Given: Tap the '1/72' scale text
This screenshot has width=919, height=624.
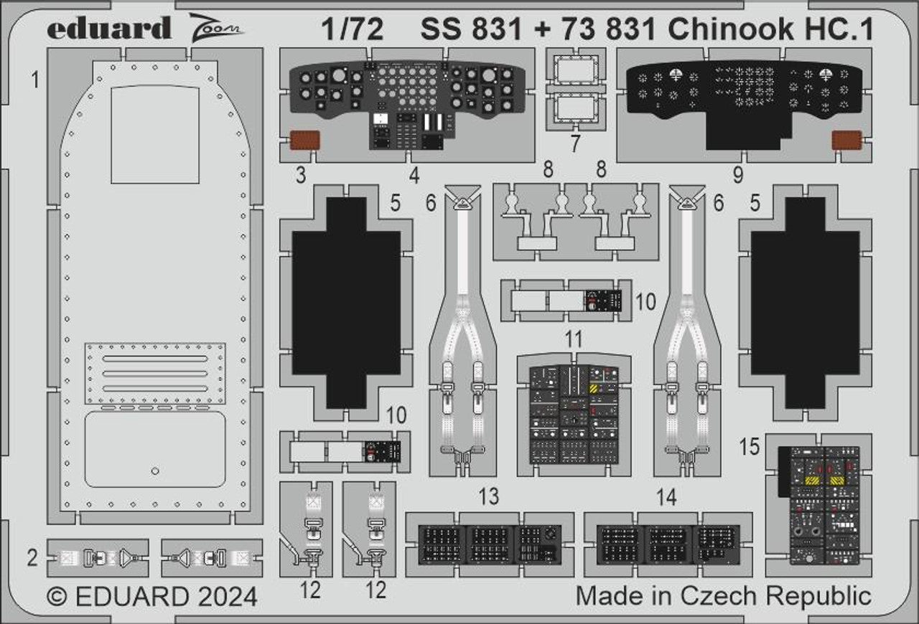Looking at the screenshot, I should pyautogui.click(x=352, y=29).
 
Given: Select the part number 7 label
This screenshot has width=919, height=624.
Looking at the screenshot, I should pyautogui.click(x=574, y=143).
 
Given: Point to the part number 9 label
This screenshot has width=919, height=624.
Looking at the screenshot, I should pyautogui.click(x=738, y=174).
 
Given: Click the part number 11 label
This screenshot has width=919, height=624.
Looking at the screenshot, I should pyautogui.click(x=573, y=339).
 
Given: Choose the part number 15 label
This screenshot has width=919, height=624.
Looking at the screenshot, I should pyautogui.click(x=749, y=447).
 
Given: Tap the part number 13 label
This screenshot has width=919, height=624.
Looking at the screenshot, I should pyautogui.click(x=490, y=496).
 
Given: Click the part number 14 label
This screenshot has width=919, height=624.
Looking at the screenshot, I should pyautogui.click(x=666, y=496).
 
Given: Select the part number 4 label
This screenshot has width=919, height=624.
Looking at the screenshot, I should pyautogui.click(x=414, y=174).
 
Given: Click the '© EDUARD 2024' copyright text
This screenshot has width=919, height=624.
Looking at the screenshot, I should pyautogui.click(x=151, y=597).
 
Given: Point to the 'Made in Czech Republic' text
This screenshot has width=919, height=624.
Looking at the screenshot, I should pyautogui.click(x=724, y=595).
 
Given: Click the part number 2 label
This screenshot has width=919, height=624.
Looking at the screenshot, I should pyautogui.click(x=32, y=558).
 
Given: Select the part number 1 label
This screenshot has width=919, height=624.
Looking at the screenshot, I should pyautogui.click(x=34, y=80).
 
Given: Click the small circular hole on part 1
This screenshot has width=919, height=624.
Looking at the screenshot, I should pyautogui.click(x=155, y=471).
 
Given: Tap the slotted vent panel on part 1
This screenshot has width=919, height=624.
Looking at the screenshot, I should pyautogui.click(x=155, y=373).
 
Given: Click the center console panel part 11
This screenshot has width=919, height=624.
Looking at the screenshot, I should pyautogui.click(x=573, y=414).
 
